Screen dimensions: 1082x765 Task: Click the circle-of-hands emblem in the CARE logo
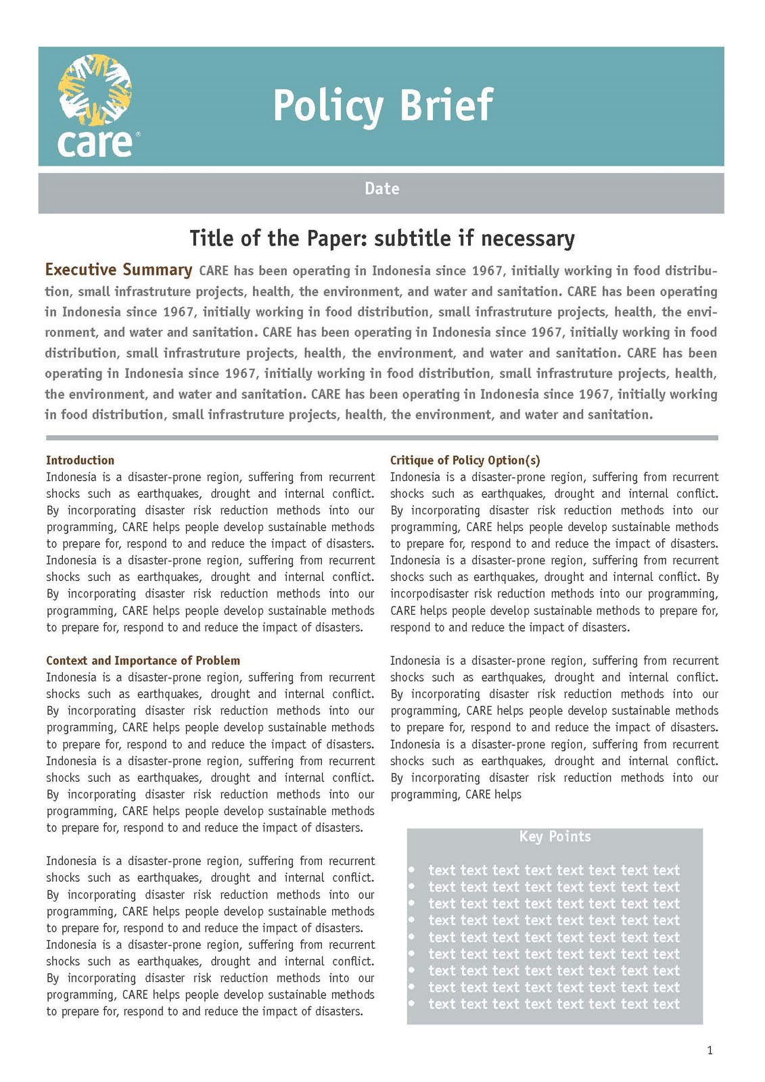tap(95, 89)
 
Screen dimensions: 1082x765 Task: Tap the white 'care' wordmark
tap(95, 143)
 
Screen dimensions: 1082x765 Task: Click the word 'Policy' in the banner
tap(328, 106)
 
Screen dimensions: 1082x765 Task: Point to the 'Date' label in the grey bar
tap(382, 189)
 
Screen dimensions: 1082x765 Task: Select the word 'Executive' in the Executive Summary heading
tap(80, 270)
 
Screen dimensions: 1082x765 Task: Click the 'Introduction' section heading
tap(80, 460)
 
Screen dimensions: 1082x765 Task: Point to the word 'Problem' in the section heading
tap(218, 661)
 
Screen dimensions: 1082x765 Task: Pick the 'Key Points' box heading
tap(555, 837)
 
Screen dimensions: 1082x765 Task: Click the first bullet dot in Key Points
tap(411, 870)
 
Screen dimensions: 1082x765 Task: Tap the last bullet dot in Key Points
tap(411, 1004)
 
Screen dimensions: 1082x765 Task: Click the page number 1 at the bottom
tap(710, 1050)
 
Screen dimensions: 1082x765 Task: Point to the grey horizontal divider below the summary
tap(382, 438)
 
